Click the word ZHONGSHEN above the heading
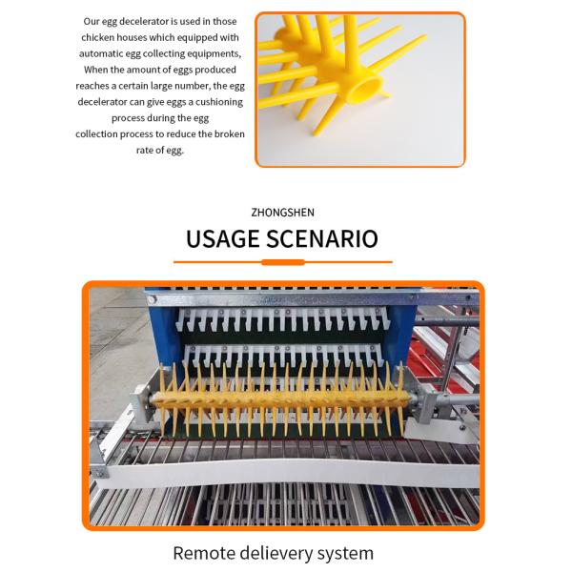click(x=282, y=213)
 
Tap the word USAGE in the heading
click(x=222, y=239)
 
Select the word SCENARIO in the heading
click(x=322, y=239)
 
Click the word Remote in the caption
click(x=204, y=553)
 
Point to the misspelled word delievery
click(x=276, y=553)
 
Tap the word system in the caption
click(x=345, y=554)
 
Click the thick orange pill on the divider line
click(x=283, y=262)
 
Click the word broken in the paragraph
click(x=230, y=133)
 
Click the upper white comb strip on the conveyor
click(x=283, y=320)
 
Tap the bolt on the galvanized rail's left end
click(x=152, y=300)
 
